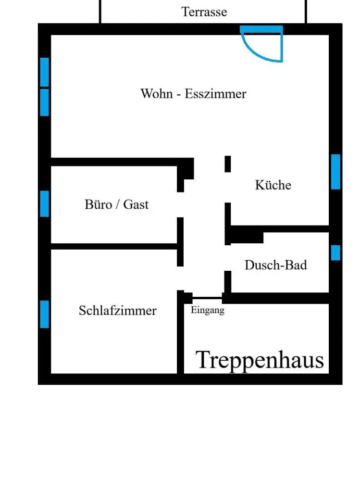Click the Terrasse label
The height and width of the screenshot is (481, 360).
pos(204,12)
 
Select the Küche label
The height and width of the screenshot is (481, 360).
pos(273,185)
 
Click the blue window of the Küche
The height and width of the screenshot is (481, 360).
pos(335,172)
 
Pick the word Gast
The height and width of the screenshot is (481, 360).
pos(136,204)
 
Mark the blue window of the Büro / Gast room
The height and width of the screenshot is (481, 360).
pos(45,203)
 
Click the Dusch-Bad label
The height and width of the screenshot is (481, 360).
pos(275,265)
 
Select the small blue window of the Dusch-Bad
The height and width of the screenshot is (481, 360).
pos(335,253)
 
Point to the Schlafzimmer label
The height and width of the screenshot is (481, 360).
pos(117,311)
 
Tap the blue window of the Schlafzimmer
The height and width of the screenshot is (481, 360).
pos(45,314)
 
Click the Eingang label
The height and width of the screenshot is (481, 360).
pos(208,310)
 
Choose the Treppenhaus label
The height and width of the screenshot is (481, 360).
pos(260,360)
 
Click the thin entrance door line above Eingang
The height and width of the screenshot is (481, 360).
pos(207,298)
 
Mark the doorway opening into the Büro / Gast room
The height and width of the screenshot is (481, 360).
pos(180,204)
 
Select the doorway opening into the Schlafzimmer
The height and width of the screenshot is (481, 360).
pos(180,278)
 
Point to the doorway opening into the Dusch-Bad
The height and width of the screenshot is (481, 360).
pos(228,258)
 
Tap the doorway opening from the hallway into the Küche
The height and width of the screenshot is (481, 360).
pos(228,187)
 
